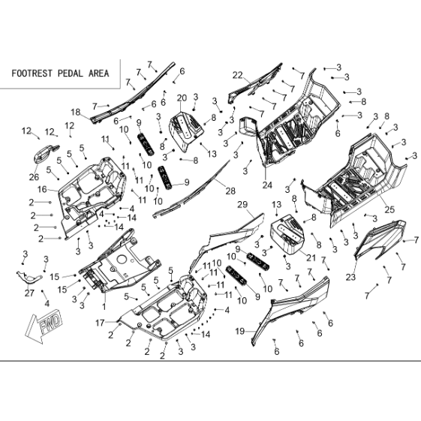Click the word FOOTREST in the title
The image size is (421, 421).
point(32,74)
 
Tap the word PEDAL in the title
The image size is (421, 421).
point(70,74)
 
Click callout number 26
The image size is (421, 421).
point(34,177)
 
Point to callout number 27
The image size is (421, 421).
point(29,293)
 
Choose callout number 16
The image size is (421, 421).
point(42,190)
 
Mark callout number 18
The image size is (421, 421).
point(76,112)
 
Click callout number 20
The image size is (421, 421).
point(182,98)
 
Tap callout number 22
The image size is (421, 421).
point(238,76)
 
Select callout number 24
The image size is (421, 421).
point(267,185)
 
